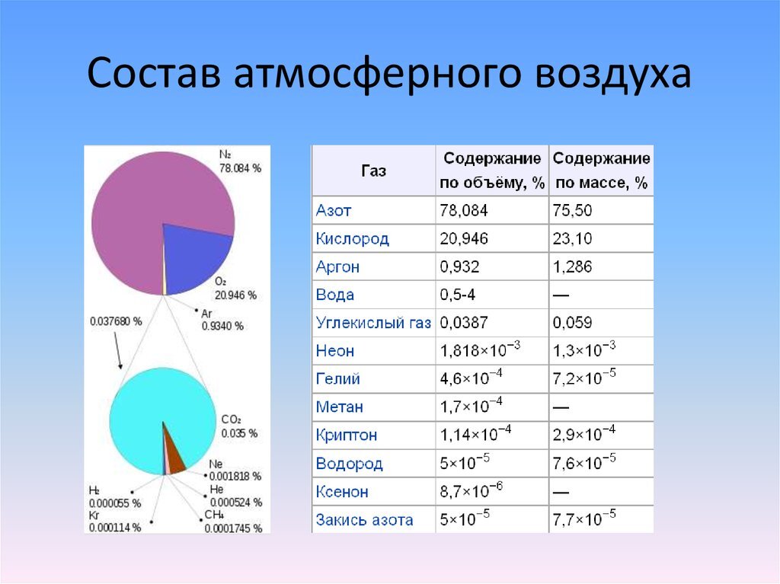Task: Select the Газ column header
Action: coord(373,171)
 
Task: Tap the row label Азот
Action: coord(334,210)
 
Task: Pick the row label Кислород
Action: coord(352,238)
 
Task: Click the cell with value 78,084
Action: coord(463,210)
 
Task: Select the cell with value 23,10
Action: coord(572,238)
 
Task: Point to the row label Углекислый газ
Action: coord(373,323)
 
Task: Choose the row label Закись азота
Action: coord(364,520)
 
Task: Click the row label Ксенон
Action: coord(342,492)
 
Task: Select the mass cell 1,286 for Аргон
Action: coord(572,266)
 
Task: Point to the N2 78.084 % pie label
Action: coord(239,161)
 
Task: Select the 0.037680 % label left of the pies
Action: coord(116,321)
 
